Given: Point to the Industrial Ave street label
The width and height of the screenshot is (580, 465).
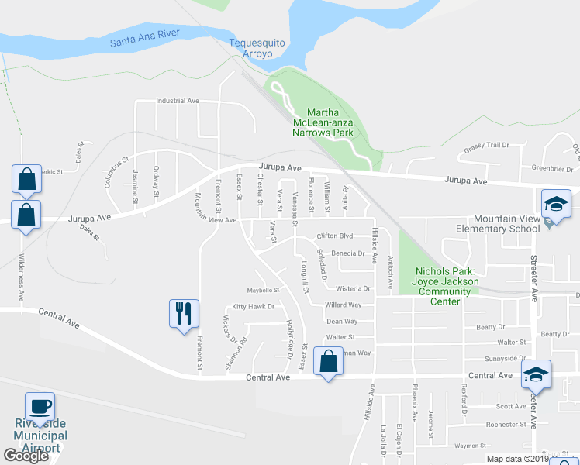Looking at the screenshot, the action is tap(178, 101).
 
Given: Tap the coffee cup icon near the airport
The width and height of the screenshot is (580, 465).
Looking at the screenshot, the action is tap(40, 407).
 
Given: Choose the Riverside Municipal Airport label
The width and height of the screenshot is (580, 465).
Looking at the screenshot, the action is tap(40, 436).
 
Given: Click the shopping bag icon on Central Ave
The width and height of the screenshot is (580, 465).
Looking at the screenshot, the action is tap(328, 362).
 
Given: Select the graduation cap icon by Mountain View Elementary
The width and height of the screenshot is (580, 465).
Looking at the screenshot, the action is tap(556, 205).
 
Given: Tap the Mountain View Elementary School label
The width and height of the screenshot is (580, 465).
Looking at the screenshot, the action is tap(506, 224).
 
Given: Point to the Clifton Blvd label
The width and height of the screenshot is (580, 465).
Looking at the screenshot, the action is tap(335, 236).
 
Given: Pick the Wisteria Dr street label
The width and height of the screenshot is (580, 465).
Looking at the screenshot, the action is tap(354, 288).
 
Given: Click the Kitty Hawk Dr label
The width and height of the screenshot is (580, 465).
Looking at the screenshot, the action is tap(254, 307).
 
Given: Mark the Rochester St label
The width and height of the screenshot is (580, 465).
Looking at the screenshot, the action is tap(500, 425).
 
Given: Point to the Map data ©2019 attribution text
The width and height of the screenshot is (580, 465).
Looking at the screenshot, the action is tap(516, 459).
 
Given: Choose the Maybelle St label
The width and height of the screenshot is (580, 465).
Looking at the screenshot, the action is tap(263, 290).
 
